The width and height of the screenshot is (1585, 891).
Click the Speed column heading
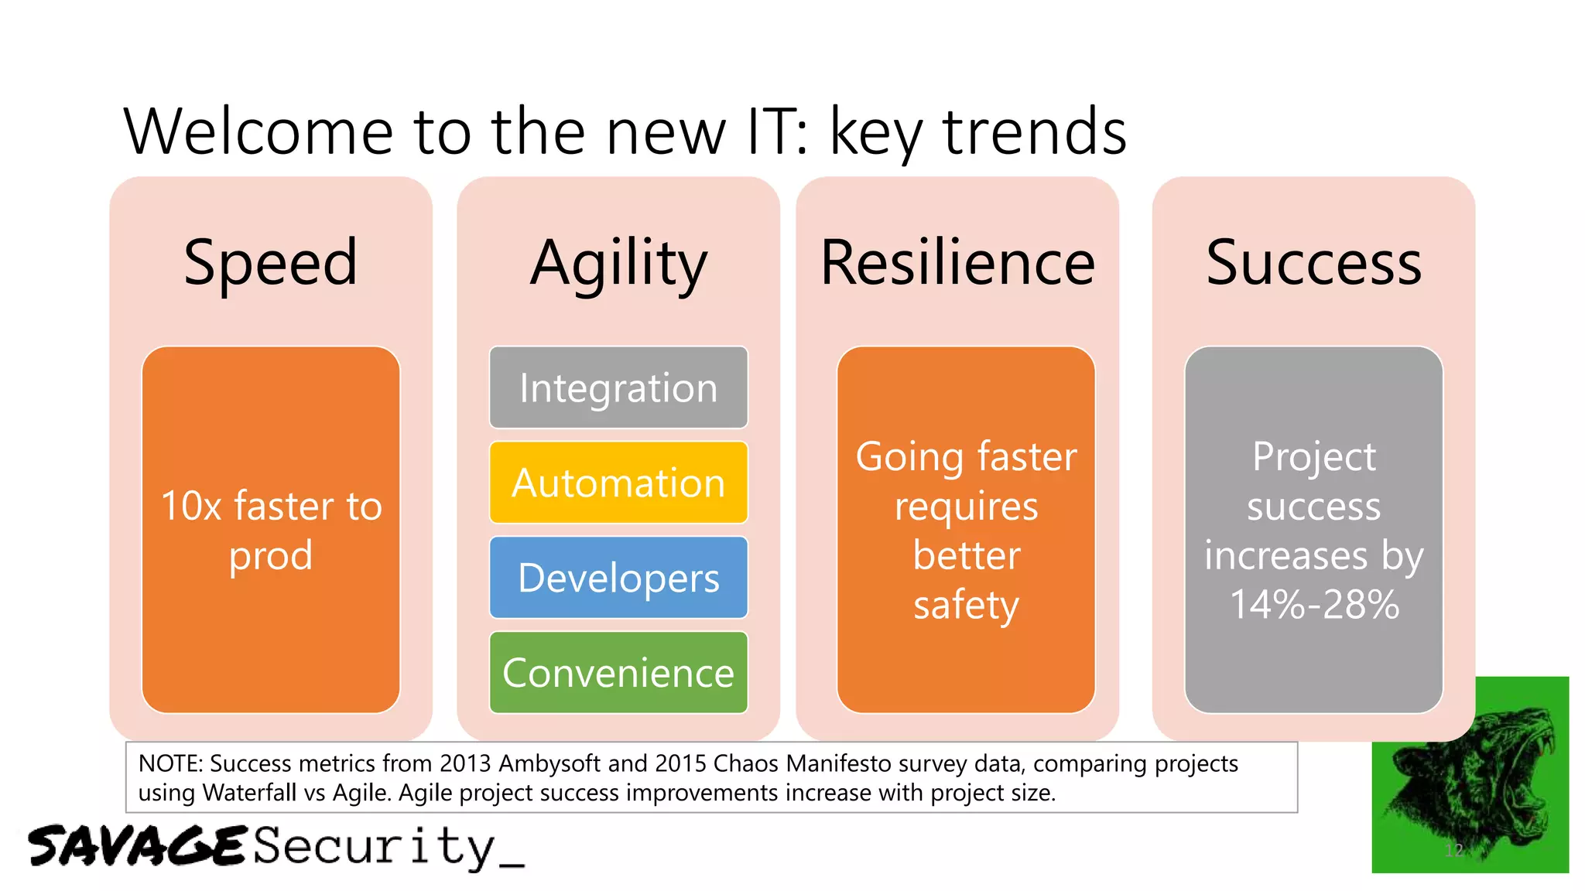tap(270, 263)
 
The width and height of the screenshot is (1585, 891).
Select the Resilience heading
tap(957, 263)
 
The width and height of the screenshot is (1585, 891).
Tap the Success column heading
tap(1313, 263)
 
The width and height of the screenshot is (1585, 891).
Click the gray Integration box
tap(618, 387)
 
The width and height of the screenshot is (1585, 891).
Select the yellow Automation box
tap(618, 483)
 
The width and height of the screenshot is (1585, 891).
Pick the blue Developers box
tap(618, 578)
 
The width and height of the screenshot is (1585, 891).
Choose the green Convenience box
tap(618, 672)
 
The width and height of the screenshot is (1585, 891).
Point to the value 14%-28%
tap(1313, 605)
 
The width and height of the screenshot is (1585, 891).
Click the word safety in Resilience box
tap(965, 605)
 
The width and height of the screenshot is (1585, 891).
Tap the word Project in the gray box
tap(1313, 456)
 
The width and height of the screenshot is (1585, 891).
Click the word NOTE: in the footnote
tap(170, 764)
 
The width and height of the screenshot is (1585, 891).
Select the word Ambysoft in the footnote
tap(549, 764)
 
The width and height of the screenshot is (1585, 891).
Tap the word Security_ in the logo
tap(387, 847)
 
